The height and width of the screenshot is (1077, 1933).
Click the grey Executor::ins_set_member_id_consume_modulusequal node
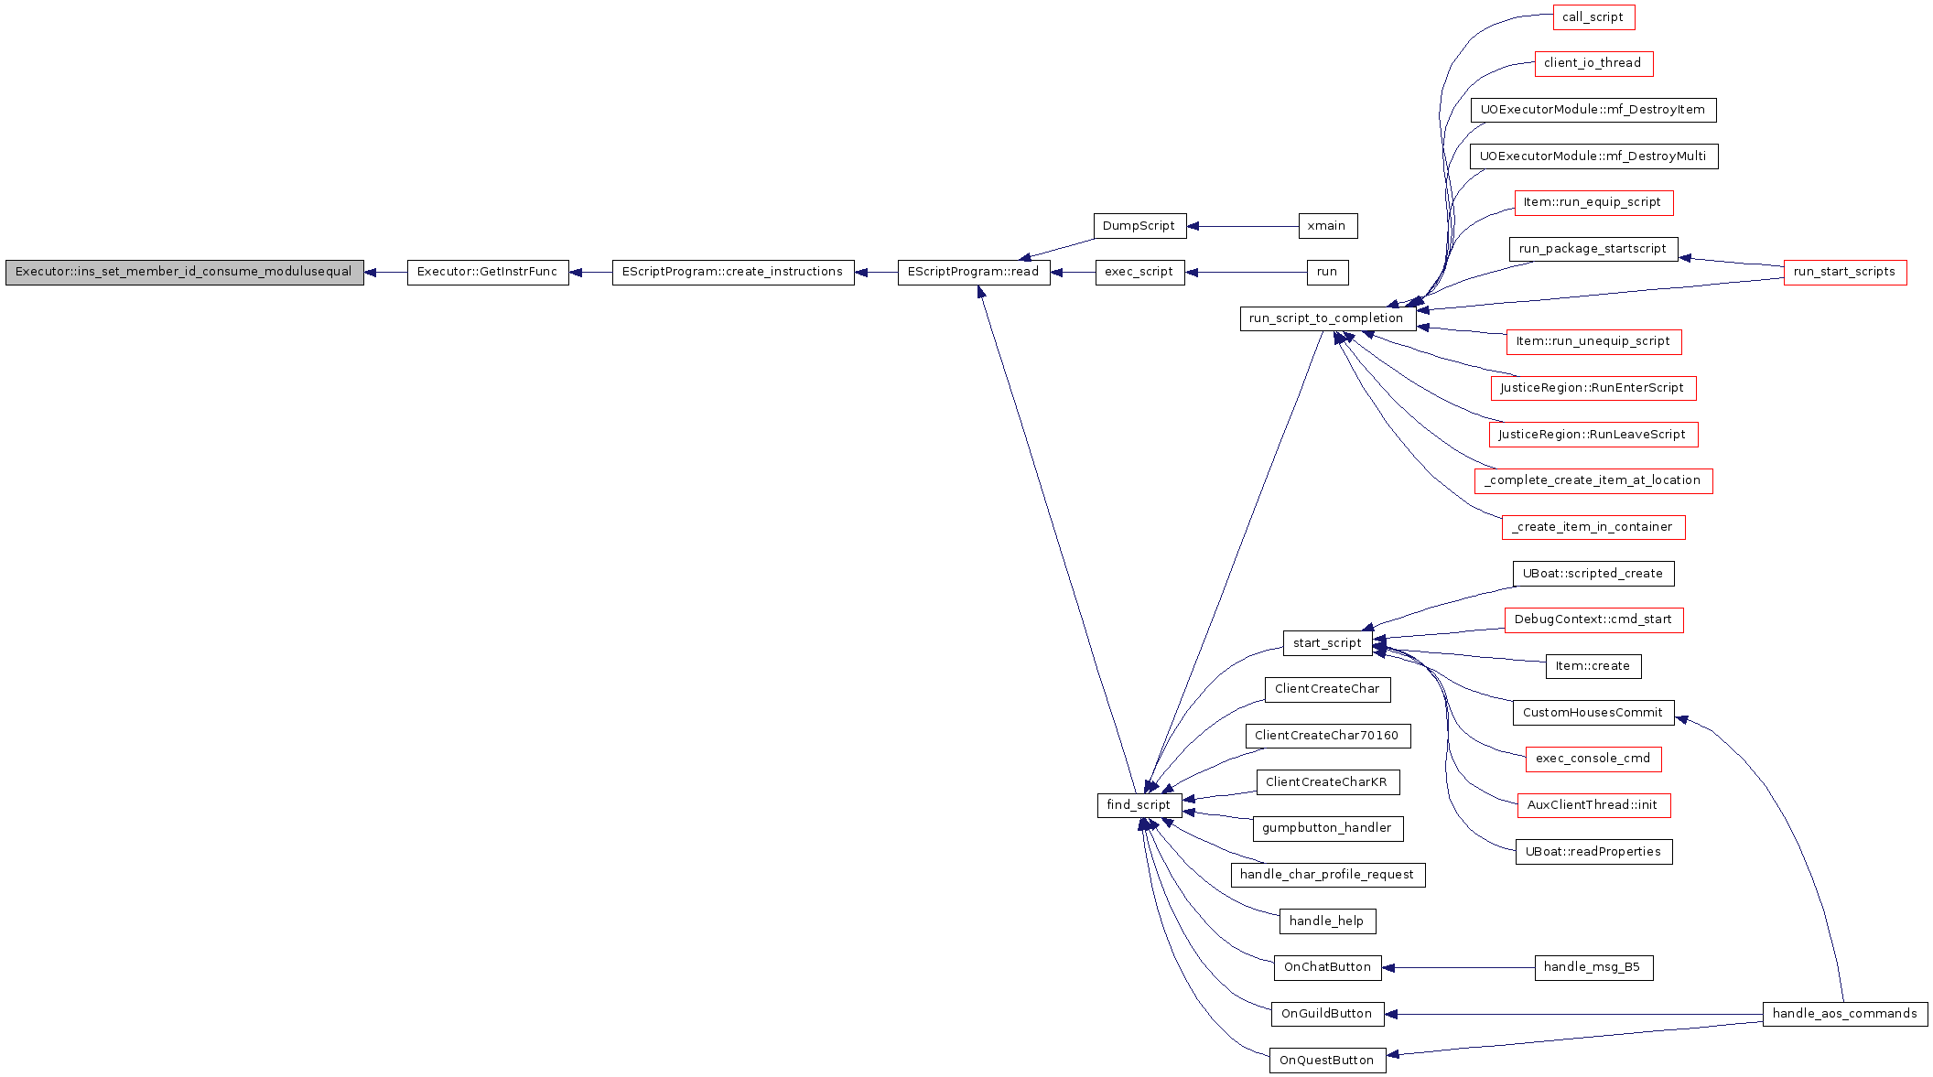(x=185, y=273)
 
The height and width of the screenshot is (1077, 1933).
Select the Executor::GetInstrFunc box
(x=488, y=273)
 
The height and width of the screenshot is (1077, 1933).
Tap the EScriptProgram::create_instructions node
(x=733, y=273)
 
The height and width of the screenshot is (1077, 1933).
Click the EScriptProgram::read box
(x=974, y=273)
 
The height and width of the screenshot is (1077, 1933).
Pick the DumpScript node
(x=1139, y=226)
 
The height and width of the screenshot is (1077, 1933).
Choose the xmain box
(x=1327, y=226)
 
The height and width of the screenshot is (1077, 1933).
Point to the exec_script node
(x=1139, y=273)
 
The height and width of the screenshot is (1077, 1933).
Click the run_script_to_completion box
(x=1327, y=318)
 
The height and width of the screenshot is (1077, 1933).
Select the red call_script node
(x=1593, y=17)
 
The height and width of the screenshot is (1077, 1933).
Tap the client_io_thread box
(x=1593, y=64)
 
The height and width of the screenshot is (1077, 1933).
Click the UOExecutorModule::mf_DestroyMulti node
(x=1593, y=156)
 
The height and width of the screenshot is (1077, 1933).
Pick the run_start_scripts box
(x=1845, y=273)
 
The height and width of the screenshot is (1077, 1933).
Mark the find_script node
(x=1139, y=805)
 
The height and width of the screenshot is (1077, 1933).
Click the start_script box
(x=1327, y=643)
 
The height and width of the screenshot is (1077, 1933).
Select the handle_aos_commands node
(x=1845, y=1014)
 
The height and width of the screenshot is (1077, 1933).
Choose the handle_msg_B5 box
(x=1593, y=968)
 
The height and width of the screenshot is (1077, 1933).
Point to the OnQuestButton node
(x=1327, y=1061)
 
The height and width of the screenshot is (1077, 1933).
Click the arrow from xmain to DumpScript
(x=1243, y=226)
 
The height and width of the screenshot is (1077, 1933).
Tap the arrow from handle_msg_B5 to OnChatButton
(x=1459, y=968)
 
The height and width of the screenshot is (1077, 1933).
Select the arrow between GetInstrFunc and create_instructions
(x=590, y=273)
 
